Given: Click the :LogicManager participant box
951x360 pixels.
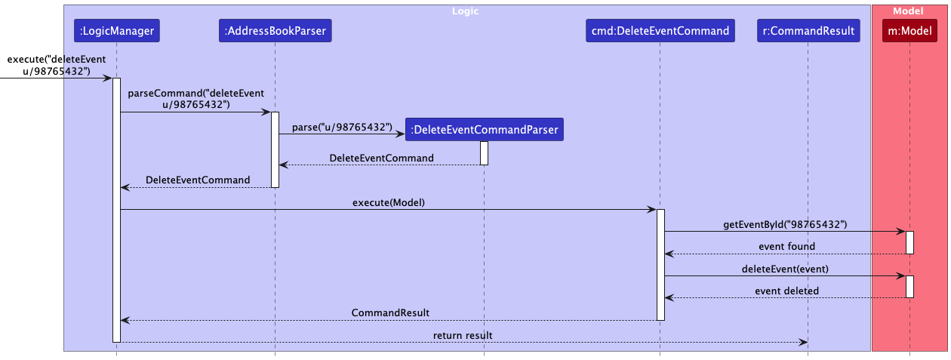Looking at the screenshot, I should coord(116,31).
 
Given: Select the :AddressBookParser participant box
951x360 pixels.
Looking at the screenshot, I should coord(275,31).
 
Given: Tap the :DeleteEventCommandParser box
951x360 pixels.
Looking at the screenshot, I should coord(484,130).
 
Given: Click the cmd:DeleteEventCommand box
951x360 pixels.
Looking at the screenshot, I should coord(660,31).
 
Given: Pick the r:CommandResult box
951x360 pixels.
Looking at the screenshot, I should coord(808,31).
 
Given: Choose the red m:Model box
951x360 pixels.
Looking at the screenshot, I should coord(909,31).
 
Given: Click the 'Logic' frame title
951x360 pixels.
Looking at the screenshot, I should coord(464,11).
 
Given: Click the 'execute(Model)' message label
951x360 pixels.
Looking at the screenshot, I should coord(388,202).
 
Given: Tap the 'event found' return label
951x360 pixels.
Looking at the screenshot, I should coord(786,246).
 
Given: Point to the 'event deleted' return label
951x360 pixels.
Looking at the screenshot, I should coord(786,291).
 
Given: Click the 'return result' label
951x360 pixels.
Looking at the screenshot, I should coord(463,334).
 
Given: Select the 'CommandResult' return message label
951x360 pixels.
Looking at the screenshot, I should coord(390,312).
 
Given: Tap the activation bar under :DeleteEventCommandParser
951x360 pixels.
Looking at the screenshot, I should coord(484,152).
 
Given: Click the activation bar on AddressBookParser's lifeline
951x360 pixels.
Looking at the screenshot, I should coord(275,149).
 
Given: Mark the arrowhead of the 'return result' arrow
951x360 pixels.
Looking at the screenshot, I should coord(804,342).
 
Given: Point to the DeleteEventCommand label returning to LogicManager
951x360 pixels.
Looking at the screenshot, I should coord(198,180).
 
